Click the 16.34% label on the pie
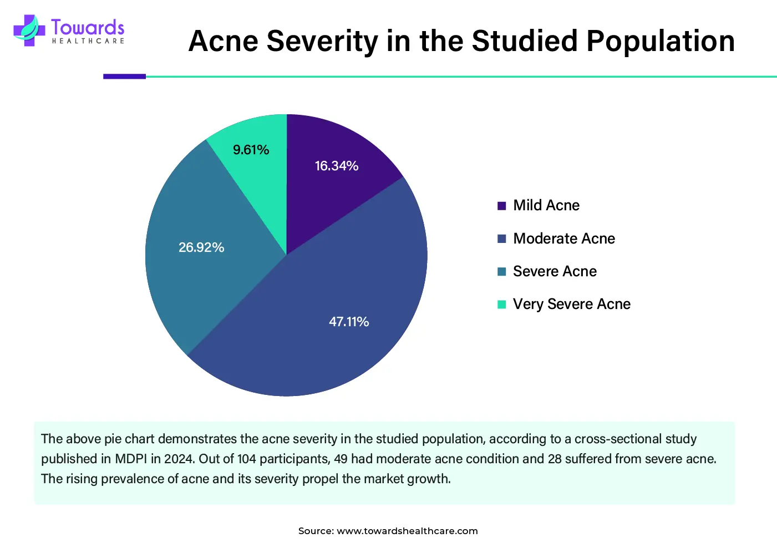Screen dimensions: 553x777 336,166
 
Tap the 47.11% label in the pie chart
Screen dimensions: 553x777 349,322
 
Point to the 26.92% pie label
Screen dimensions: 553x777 201,247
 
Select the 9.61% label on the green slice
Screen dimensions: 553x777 251,150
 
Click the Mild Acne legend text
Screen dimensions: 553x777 546,205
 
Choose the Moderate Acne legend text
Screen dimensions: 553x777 563,239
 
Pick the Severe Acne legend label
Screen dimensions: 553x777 555,271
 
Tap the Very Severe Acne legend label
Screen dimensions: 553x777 571,304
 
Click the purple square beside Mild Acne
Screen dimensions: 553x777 502,206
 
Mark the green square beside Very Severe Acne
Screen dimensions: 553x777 502,305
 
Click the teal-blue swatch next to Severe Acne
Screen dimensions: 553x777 502,272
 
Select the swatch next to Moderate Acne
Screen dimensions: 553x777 502,239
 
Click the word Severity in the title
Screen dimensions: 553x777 322,41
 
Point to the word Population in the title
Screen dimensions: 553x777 660,41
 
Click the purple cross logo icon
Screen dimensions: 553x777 29,30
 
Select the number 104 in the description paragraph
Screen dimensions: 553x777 247,459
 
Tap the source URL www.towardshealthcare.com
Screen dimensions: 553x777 407,531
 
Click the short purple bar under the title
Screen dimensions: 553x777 124,77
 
